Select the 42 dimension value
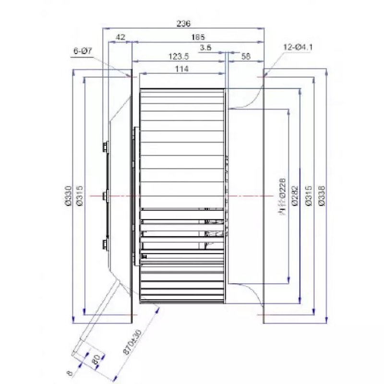click(x=120, y=37)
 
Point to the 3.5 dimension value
click(x=205, y=48)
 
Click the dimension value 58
click(x=246, y=56)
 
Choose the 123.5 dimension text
click(x=179, y=56)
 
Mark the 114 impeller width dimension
click(x=181, y=69)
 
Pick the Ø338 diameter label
click(x=321, y=196)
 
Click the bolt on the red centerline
click(x=105, y=196)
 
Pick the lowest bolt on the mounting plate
click(x=105, y=244)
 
